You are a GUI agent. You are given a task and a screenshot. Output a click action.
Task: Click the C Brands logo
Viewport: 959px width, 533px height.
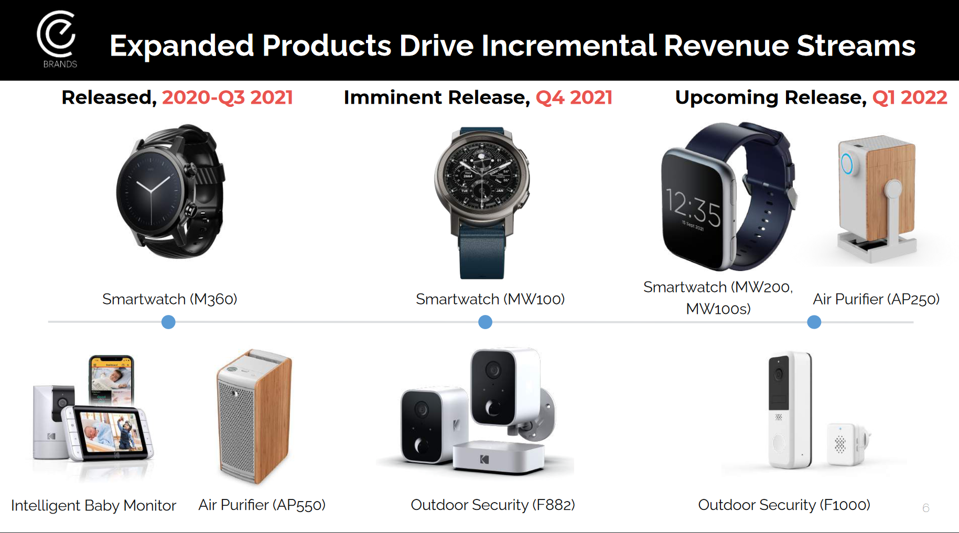pos(57,39)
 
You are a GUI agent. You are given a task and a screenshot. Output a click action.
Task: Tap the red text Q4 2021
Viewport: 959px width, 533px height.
pos(574,97)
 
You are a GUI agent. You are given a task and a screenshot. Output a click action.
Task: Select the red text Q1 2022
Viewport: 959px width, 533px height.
pos(910,97)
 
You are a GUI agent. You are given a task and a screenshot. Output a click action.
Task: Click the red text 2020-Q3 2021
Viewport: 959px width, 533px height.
pos(228,97)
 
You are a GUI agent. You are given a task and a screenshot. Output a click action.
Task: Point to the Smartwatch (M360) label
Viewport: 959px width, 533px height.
pos(170,299)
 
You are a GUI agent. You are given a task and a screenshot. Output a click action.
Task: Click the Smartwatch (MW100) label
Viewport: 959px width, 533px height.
pos(490,299)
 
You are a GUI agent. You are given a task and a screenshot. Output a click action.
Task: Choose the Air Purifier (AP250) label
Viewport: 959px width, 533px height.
pos(876,299)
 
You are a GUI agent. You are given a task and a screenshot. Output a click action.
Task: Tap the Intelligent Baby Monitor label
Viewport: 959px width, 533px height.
pos(93,505)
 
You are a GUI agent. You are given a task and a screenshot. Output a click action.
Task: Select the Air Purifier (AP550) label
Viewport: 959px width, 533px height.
pos(262,505)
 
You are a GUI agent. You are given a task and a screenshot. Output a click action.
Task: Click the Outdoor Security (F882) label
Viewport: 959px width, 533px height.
pos(493,505)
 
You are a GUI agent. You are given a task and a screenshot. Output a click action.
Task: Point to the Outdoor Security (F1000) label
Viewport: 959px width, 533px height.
pos(784,505)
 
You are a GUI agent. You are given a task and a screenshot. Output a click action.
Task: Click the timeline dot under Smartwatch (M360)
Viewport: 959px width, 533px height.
pos(168,322)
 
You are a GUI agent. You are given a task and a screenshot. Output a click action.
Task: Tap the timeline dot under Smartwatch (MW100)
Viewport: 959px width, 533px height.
pos(486,322)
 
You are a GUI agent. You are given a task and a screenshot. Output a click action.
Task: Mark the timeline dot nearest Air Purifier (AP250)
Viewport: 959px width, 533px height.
pos(814,322)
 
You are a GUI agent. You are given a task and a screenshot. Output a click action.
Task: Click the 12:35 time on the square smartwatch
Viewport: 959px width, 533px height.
pos(693,208)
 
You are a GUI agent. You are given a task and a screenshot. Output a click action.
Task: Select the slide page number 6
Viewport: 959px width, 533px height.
pos(926,508)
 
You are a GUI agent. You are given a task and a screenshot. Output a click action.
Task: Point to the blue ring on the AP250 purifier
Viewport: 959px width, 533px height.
pos(846,164)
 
